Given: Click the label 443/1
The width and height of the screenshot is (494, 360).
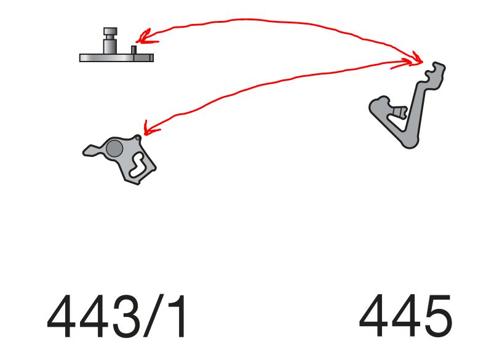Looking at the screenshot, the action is (116, 316).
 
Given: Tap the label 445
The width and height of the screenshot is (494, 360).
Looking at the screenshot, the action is (406, 316).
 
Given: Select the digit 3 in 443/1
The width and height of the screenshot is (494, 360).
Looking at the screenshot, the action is (126, 316).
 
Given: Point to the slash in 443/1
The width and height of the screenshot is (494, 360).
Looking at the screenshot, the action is (154, 316).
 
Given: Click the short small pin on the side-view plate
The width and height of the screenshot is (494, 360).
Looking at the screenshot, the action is (134, 50).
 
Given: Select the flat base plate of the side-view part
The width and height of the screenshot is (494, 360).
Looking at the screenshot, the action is (116, 58).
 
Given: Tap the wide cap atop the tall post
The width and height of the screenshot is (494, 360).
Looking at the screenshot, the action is (110, 31).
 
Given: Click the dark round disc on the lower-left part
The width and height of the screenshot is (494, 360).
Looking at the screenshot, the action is (114, 148).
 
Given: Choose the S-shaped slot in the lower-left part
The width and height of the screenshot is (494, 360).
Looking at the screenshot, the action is (138, 164).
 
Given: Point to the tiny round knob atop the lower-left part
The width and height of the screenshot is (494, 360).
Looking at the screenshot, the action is (138, 138).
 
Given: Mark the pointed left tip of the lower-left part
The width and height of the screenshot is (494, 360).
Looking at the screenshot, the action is (84, 153).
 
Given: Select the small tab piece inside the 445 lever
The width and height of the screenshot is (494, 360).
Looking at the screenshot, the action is (399, 111).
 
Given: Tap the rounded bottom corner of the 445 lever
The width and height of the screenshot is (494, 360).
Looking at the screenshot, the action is (410, 144).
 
